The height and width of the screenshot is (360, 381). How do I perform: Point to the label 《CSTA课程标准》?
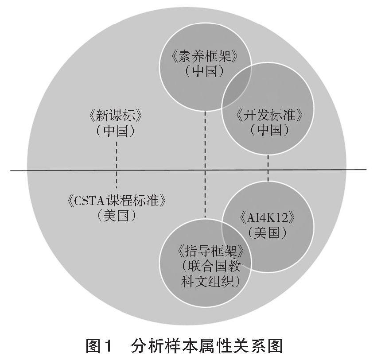116,201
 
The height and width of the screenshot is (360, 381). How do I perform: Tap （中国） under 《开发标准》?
270,130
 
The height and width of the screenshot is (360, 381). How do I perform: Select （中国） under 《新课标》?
116,131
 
